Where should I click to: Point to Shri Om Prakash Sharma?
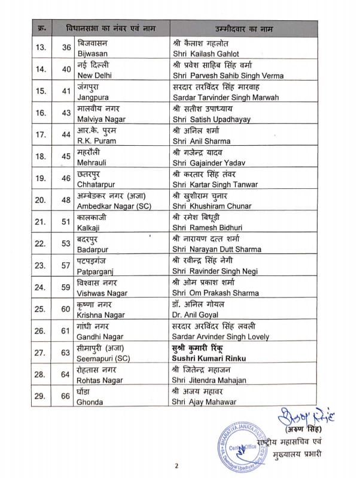215,293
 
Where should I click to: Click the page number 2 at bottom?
177,466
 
